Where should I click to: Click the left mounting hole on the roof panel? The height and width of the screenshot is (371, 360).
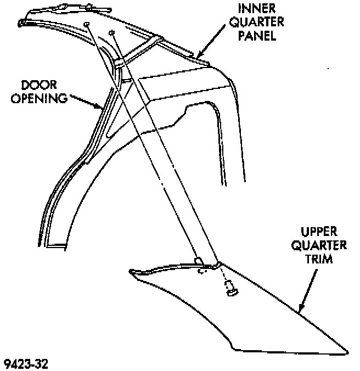[x=87, y=24]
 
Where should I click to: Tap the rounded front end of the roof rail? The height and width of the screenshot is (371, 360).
[x=21, y=24]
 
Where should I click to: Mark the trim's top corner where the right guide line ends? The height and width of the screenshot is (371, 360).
[x=218, y=263]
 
